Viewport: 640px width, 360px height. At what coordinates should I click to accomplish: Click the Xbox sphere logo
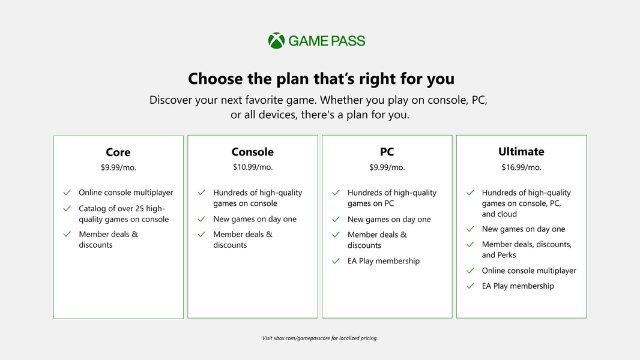(x=276, y=41)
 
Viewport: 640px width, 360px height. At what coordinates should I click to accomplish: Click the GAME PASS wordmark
(x=327, y=41)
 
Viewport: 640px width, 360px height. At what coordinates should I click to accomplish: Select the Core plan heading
(x=118, y=152)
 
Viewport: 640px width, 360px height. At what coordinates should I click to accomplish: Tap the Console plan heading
(x=253, y=152)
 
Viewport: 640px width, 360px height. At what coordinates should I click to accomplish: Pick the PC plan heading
(x=387, y=152)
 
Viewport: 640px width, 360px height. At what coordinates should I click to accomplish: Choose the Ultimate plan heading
(x=521, y=151)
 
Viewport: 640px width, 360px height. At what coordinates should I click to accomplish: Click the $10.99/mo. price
(x=253, y=167)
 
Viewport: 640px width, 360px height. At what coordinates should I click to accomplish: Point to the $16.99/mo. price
(x=521, y=167)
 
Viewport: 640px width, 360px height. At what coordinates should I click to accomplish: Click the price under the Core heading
(x=118, y=167)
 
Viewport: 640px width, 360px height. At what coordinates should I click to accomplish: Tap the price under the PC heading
(x=387, y=167)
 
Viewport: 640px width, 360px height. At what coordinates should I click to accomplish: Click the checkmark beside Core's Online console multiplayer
(x=67, y=193)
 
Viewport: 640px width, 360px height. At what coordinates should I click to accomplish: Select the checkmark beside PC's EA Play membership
(x=336, y=261)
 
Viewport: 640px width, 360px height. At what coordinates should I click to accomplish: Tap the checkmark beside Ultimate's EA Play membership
(x=470, y=286)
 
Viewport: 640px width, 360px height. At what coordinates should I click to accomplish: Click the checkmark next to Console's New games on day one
(x=201, y=220)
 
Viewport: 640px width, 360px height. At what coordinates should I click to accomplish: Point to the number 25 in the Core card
(x=139, y=208)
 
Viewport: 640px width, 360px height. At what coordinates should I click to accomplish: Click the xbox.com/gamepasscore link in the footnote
(x=301, y=338)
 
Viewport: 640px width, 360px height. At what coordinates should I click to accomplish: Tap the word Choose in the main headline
(x=215, y=79)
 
